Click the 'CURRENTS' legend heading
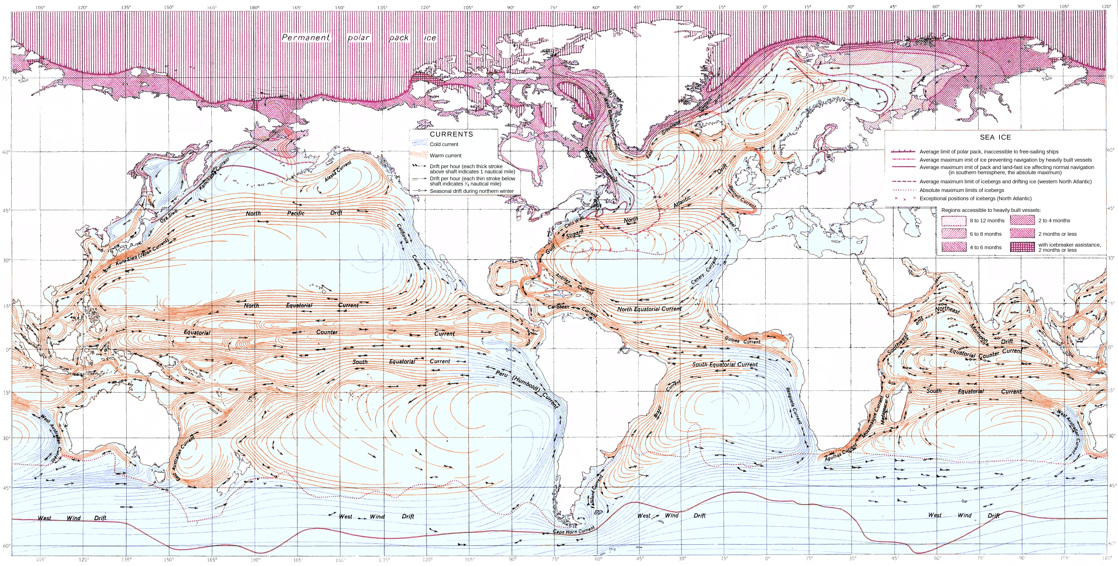(x=451, y=134)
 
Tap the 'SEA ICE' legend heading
(x=995, y=137)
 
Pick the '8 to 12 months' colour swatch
(x=954, y=221)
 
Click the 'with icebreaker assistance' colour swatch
(x=1022, y=247)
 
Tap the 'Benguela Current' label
(x=794, y=406)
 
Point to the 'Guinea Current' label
(x=742, y=341)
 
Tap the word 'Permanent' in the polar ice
(x=306, y=38)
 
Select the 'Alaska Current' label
(x=338, y=172)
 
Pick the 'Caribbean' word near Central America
(x=558, y=307)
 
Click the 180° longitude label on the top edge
(x=254, y=7)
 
